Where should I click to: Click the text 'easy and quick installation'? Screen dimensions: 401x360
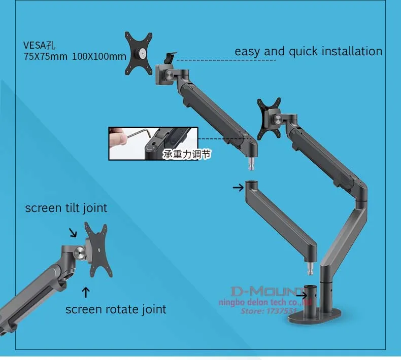coord(308,51)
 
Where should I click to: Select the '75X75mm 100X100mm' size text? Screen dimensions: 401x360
coord(75,56)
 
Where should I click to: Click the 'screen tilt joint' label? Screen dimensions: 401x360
coord(66,208)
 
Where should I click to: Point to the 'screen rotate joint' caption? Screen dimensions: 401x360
coord(116,309)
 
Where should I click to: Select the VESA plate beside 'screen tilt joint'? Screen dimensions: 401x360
coord(95,250)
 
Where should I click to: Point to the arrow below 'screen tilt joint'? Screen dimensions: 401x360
coord(73,232)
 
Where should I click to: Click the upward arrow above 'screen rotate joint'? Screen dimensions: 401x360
coord(86,292)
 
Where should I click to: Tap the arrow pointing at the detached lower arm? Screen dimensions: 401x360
coord(238,187)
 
